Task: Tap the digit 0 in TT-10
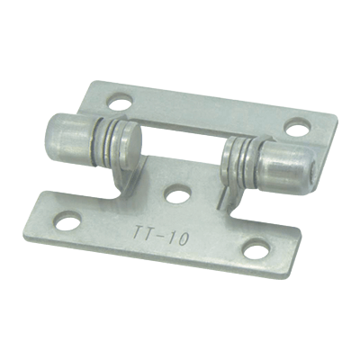[183, 240]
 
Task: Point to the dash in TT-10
[157, 236]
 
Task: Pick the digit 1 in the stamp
[170, 238]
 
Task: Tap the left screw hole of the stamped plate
[68, 220]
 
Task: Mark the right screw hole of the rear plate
[297, 127]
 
